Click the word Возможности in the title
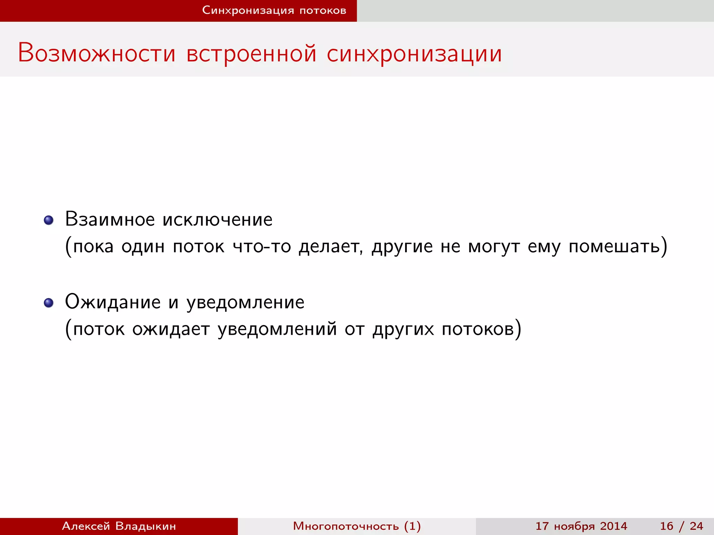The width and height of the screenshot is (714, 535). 97,53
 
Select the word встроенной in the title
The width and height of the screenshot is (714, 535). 251,53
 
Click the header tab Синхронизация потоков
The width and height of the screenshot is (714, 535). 274,10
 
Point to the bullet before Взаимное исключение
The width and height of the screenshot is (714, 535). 48,220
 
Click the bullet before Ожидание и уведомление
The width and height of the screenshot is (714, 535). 48,303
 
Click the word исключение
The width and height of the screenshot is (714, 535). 218,219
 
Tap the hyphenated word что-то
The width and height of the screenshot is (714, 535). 262,246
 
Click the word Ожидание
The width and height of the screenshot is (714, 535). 113,302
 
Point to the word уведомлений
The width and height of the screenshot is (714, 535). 277,329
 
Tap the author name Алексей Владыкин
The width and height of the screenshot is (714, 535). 119,526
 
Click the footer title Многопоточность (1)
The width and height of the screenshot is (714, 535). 357,526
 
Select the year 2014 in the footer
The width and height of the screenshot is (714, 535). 614,526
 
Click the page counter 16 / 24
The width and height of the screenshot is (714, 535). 681,526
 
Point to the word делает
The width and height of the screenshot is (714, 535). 330,246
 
